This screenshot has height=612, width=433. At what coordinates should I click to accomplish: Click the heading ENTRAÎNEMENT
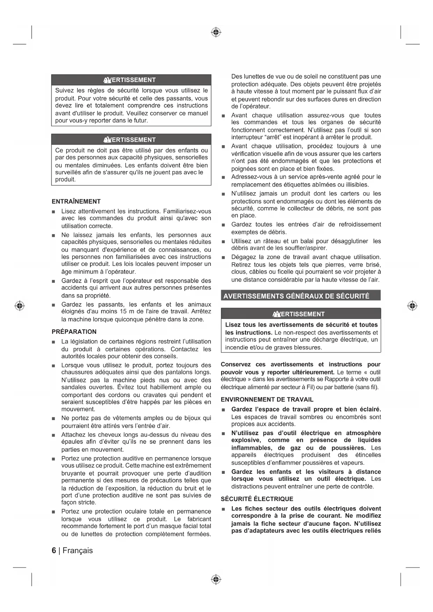tap(76, 201)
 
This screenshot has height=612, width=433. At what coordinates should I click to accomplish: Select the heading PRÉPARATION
tap(74, 331)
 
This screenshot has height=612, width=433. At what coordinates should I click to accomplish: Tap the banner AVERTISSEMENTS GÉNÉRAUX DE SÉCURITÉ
tap(296, 296)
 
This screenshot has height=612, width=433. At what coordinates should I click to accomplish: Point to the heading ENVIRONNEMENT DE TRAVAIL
tap(267, 400)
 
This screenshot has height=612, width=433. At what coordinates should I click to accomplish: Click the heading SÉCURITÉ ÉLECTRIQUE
tap(257, 499)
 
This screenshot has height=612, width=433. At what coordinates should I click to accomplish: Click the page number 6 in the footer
tap(54, 551)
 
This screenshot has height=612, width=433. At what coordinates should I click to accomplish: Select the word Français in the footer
tap(78, 551)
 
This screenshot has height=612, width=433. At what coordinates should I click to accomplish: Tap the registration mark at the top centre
tap(216, 32)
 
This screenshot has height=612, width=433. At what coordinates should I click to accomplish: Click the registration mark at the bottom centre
tap(216, 580)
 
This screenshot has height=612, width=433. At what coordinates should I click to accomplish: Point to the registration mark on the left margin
tap(20, 306)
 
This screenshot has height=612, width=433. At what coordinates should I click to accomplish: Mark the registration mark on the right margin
tap(412, 306)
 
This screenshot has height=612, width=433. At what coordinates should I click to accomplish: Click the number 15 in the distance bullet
tap(123, 312)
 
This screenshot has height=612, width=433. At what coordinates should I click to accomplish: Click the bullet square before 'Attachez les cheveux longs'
tap(53, 435)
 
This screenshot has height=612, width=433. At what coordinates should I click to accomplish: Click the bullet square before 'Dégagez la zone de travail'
tap(223, 258)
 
